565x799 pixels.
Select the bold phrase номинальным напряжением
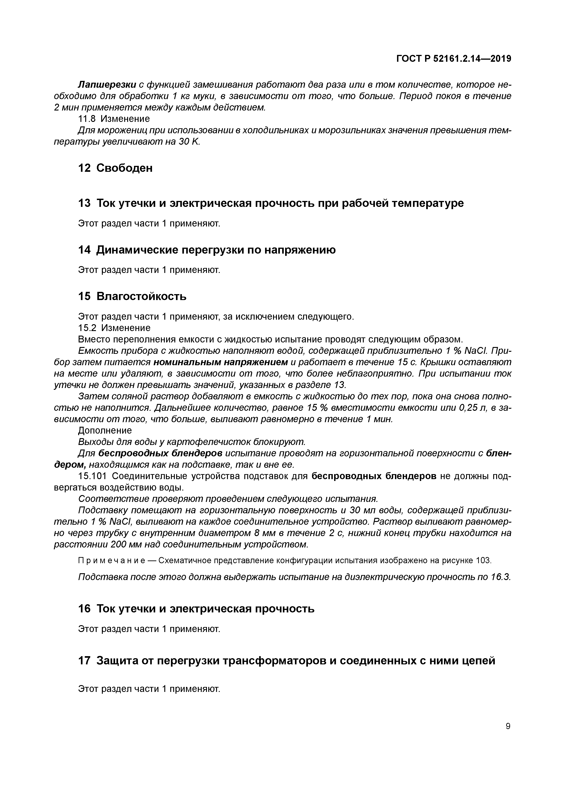pos(220,362)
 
